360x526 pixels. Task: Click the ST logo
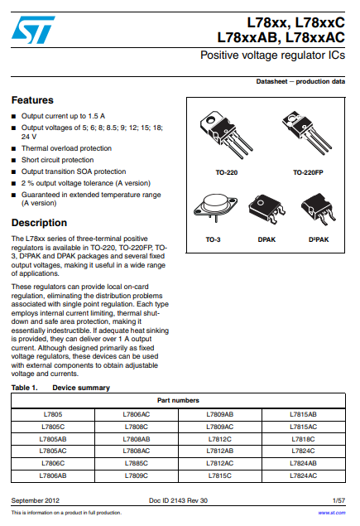[33, 30]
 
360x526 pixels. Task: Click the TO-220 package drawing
[225, 134]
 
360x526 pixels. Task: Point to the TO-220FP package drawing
[307, 133]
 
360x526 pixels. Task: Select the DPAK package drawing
[266, 209]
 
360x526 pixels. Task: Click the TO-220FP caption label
[308, 172]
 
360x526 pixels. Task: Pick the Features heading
[32, 100]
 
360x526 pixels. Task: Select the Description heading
[39, 223]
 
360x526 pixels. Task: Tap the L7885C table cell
[137, 463]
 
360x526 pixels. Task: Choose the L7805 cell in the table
[53, 414]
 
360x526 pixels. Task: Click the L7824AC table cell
[304, 475]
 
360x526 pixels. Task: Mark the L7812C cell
[220, 439]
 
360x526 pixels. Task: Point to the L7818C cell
[304, 439]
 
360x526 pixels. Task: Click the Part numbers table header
[178, 401]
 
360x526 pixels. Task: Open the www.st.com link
[332, 513]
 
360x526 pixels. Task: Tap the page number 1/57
[338, 500]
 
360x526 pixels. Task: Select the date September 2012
[36, 500]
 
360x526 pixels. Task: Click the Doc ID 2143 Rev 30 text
[178, 500]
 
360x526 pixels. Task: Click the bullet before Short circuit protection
[14, 161]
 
